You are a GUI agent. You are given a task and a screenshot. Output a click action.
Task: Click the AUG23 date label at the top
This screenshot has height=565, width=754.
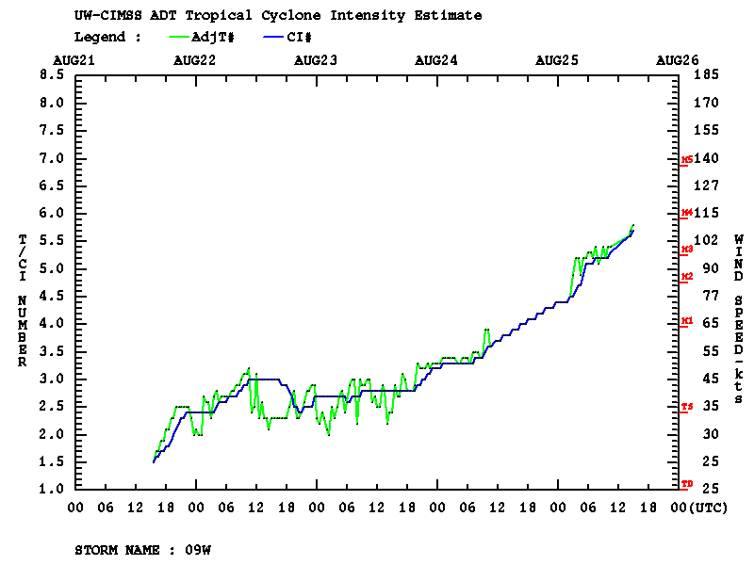point(316,59)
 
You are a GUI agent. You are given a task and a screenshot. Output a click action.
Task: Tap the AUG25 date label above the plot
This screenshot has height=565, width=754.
point(557,59)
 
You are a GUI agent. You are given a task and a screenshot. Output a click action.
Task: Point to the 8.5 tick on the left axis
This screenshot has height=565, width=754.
point(52,74)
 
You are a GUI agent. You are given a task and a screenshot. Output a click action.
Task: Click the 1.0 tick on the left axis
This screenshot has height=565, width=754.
point(52,490)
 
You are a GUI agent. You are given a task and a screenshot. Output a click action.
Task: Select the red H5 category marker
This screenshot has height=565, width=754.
point(687,160)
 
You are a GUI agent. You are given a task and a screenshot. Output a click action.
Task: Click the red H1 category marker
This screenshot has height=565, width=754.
point(687,321)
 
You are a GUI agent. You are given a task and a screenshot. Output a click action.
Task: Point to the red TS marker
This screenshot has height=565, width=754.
point(687,407)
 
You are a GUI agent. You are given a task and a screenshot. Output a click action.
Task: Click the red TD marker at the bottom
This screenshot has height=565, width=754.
point(687,484)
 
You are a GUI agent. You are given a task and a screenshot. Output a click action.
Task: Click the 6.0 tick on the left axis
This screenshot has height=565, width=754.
point(52,213)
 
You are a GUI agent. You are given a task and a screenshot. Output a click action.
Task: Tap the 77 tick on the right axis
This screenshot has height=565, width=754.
point(708,296)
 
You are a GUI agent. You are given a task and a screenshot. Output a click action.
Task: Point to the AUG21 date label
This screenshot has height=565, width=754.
point(74,59)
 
